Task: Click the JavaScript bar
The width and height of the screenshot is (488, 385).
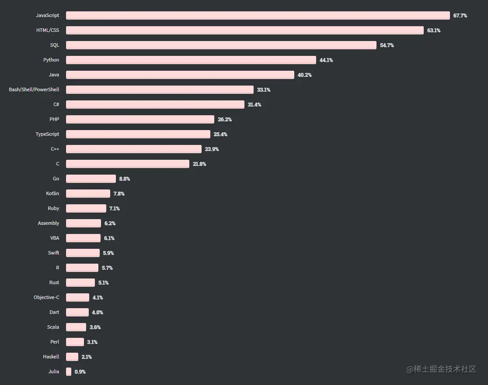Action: (x=258, y=16)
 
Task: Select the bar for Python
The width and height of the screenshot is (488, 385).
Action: (x=191, y=60)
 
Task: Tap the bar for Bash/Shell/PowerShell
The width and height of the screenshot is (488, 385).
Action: (x=160, y=90)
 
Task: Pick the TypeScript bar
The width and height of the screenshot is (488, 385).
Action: (x=138, y=134)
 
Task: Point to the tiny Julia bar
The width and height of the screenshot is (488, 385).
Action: (x=69, y=372)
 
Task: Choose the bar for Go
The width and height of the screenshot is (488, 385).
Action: (x=91, y=179)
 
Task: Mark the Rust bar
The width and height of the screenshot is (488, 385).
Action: (x=80, y=283)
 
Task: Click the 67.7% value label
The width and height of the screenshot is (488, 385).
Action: (x=460, y=16)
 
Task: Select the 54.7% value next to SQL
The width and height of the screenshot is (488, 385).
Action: (x=387, y=45)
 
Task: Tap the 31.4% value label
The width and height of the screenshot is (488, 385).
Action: (x=254, y=105)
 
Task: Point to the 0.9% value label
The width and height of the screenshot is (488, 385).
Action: (x=80, y=372)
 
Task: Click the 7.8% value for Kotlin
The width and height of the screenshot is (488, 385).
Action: (x=119, y=194)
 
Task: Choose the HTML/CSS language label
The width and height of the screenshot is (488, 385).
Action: (x=48, y=31)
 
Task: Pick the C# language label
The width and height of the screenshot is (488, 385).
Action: (x=56, y=105)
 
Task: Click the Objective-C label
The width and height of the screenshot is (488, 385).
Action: (x=46, y=298)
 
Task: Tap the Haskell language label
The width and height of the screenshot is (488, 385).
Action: (x=51, y=357)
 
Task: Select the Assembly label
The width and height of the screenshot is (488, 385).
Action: (x=48, y=223)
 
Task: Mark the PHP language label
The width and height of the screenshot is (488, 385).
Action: (x=54, y=120)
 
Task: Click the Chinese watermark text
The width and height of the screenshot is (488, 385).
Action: (x=441, y=369)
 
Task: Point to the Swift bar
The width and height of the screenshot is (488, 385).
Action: (x=83, y=253)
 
